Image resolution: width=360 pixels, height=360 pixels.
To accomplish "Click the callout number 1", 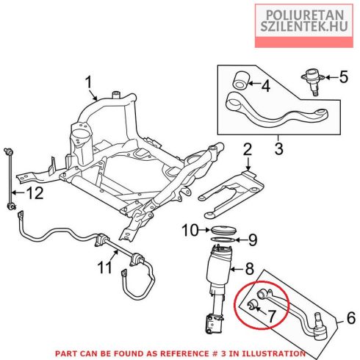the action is point(88,82).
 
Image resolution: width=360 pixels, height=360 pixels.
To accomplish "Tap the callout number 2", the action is point(248,150).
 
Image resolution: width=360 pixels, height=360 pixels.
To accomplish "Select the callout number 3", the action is point(278,148).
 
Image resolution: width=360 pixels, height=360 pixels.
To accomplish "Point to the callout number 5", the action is point(344,76).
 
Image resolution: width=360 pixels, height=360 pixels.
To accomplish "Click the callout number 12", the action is point(35,193).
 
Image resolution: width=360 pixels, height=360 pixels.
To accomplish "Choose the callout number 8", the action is point(249,269).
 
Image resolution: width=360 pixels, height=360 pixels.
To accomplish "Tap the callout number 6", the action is point(351,317).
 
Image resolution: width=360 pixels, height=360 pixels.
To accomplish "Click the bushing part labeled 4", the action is point(240,80).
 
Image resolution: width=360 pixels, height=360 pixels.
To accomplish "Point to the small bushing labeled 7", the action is point(252,305).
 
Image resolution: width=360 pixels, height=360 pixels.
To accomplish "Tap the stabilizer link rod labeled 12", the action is point(10,179).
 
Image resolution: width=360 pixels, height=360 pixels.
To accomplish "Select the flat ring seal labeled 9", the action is point(223,240).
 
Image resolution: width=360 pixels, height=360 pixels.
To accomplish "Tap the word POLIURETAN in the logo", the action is point(305,15).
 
